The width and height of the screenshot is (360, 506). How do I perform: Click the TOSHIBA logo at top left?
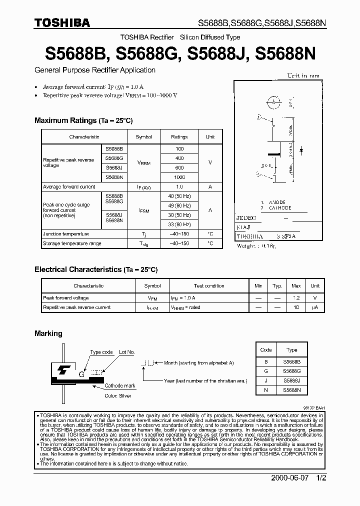62,22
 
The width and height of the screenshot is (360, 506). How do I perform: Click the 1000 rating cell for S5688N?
179,177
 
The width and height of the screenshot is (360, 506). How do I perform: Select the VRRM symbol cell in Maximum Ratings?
144,163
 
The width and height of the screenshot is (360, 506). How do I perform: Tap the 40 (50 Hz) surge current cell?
179,195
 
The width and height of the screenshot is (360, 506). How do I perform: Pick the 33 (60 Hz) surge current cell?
179,224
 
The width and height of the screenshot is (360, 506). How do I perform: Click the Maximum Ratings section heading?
83,120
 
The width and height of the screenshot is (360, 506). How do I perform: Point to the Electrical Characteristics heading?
95,269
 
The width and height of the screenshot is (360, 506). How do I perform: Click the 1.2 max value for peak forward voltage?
296,297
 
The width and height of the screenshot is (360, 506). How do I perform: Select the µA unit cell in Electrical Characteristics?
314,307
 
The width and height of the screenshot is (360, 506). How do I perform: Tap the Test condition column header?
208,286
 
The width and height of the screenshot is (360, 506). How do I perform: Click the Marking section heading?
48,333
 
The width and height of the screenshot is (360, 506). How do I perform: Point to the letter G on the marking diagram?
80,373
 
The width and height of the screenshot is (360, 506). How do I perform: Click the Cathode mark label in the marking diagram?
120,386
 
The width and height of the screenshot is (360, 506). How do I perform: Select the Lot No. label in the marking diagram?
126,352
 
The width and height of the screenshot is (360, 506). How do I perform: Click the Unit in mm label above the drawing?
303,76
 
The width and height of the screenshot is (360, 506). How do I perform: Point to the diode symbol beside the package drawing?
301,149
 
